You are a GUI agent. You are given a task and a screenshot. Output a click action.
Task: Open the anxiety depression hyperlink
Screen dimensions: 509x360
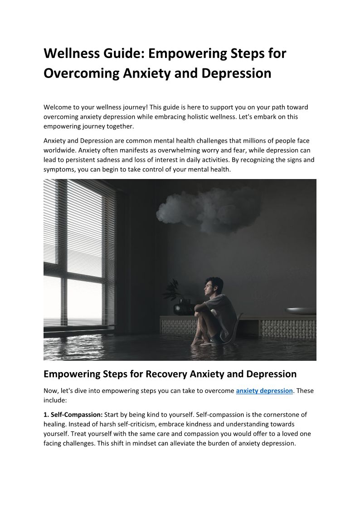pyautogui.click(x=264, y=390)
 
